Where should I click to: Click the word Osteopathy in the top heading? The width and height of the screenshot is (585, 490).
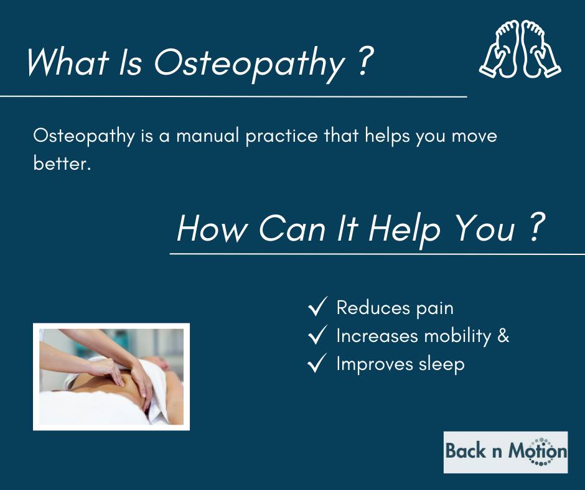[x=249, y=63]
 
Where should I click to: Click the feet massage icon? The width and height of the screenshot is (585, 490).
[x=520, y=49]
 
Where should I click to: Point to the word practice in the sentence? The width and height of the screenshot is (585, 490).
[x=282, y=136]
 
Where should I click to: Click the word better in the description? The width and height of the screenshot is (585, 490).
[x=62, y=163]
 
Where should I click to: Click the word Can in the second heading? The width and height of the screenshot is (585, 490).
[x=292, y=229]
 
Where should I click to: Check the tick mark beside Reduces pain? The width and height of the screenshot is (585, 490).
[x=317, y=306]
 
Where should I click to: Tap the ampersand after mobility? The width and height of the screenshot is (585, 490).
[x=503, y=335]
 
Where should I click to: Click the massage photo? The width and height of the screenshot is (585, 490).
[x=111, y=377]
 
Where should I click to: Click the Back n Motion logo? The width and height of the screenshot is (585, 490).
[x=505, y=452]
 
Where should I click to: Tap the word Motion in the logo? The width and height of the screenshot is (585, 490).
[x=538, y=451]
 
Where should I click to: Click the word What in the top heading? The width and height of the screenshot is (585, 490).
[x=68, y=62]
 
